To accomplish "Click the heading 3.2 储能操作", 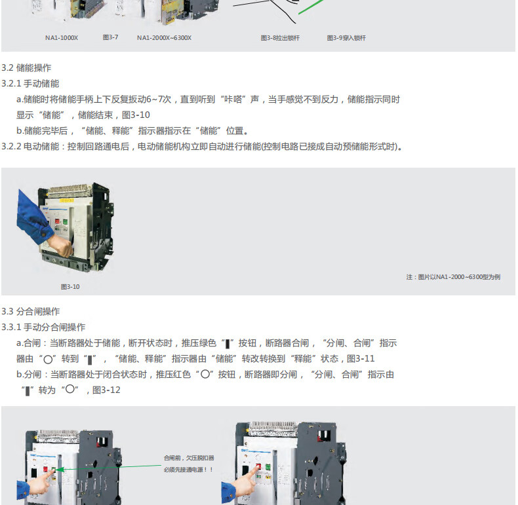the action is click(26, 68).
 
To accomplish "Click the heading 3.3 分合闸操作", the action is click(31, 311).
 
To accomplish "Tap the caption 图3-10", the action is click(70, 287).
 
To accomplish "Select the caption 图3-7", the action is click(110, 37).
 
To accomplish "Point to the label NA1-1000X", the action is click(62, 38).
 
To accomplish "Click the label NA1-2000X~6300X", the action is click(164, 38).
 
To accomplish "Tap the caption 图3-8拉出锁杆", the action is click(280, 38).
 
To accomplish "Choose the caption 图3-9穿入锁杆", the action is click(346, 38).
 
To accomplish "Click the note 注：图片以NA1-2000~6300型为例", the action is click(453, 277).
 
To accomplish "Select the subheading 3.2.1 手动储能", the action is click(30, 83).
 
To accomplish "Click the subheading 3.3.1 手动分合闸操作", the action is click(43, 327).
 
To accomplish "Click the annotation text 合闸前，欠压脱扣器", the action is click(189, 458).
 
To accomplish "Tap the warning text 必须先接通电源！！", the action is click(189, 470).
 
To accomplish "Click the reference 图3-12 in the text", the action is click(106, 390).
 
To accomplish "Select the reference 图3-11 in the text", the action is click(361, 359).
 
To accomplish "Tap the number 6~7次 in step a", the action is click(159, 100).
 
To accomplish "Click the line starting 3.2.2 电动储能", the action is click(202, 147).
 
